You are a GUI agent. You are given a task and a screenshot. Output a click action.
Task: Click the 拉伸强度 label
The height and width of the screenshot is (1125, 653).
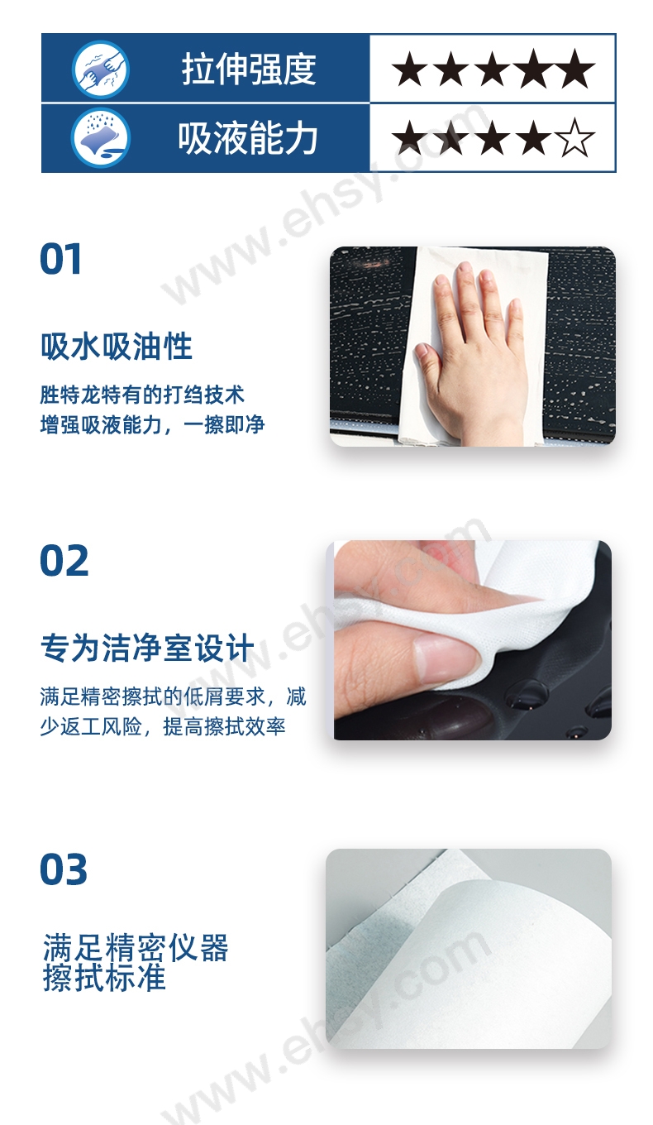click(249, 69)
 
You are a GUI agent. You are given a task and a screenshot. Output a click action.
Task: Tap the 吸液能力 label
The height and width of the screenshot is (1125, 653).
click(248, 137)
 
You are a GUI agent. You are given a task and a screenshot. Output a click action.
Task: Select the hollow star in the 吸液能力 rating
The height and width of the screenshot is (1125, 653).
click(574, 137)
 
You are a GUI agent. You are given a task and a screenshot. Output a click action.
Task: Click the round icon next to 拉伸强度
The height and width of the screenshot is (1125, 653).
click(100, 69)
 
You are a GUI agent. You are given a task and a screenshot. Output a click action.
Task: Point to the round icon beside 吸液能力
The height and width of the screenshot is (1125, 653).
click(100, 138)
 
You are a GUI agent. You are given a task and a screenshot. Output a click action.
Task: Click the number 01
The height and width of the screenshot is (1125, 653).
click(60, 259)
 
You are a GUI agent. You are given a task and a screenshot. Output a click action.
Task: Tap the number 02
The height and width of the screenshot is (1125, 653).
click(64, 561)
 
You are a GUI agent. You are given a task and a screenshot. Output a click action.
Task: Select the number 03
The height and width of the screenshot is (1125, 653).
click(64, 869)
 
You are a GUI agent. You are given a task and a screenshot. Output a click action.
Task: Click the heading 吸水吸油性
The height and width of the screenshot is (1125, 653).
click(117, 347)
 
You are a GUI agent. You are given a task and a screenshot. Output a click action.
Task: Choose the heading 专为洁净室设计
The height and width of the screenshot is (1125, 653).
click(147, 648)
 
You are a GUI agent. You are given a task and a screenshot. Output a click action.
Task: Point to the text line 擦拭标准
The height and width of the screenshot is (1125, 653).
click(104, 978)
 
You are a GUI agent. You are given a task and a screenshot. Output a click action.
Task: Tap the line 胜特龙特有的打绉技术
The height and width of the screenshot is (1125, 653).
click(142, 395)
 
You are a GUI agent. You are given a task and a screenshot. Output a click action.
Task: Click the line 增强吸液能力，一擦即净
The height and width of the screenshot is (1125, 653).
click(152, 425)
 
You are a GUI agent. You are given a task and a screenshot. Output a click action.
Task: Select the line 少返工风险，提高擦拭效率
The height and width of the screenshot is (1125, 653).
click(163, 726)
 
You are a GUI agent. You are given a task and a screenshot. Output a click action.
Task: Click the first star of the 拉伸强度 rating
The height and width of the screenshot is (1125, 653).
click(410, 69)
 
